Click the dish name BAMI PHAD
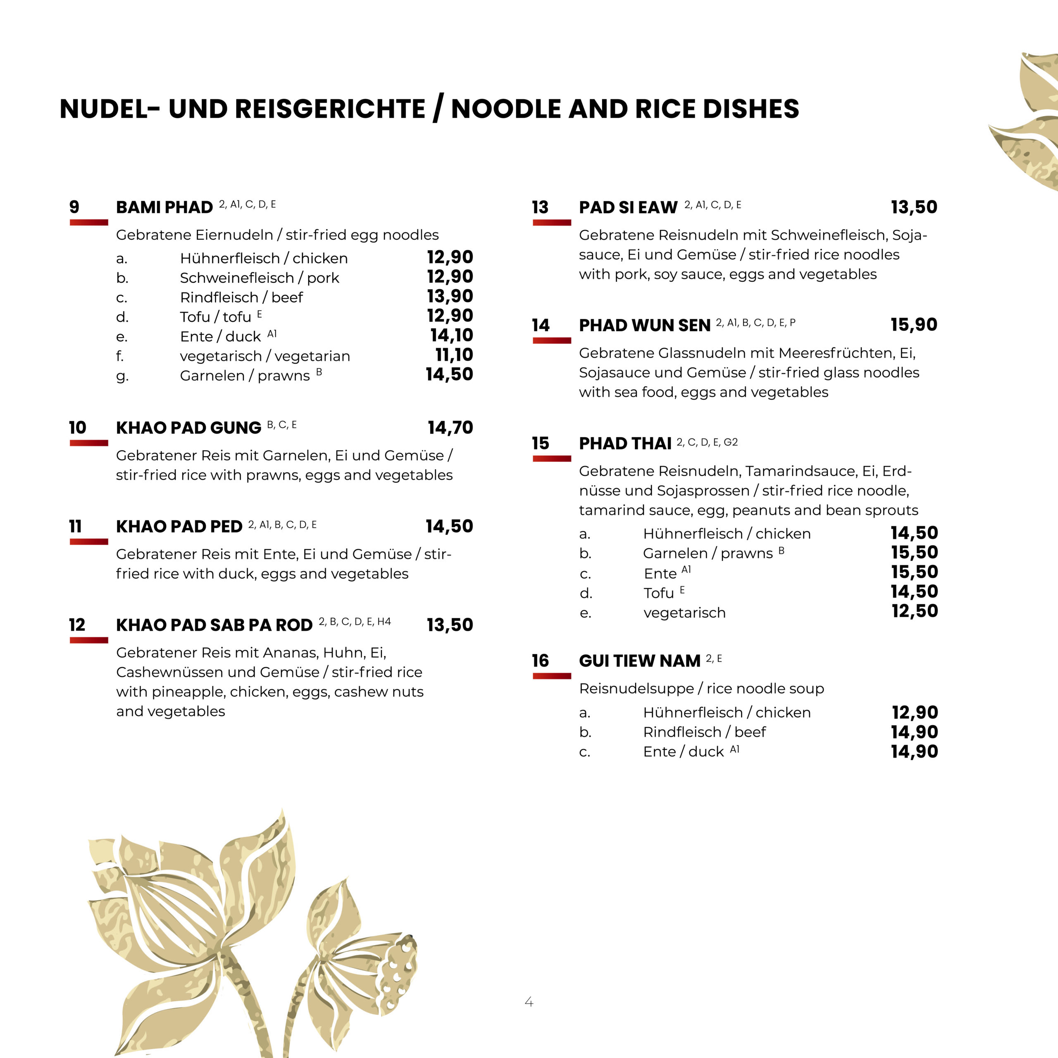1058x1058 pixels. tap(164, 207)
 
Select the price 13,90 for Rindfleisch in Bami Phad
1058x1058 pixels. tap(450, 296)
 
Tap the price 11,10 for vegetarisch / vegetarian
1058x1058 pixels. tap(454, 355)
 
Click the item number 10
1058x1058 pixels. tap(78, 428)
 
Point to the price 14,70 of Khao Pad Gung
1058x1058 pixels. tap(450, 428)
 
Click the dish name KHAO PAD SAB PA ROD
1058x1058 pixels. tap(214, 625)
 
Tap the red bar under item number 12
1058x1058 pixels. tap(89, 640)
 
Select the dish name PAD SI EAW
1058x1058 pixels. tap(628, 207)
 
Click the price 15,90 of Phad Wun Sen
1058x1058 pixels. tap(913, 325)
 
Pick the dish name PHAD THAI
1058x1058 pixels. tap(625, 443)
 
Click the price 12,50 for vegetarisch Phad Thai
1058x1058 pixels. tap(915, 611)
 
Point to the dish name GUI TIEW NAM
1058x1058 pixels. tap(640, 661)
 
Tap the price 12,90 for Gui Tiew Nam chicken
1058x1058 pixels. tap(915, 712)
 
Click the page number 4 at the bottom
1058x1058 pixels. tap(529, 1002)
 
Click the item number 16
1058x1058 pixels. tap(540, 661)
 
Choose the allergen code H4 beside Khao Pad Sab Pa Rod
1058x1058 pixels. tap(384, 622)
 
